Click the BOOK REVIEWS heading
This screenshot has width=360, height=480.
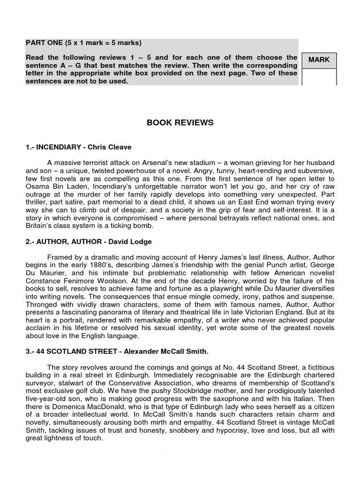pos(180,123)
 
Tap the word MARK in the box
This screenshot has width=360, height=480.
pos(319,60)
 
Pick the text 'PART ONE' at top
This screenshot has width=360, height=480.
pos(42,43)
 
